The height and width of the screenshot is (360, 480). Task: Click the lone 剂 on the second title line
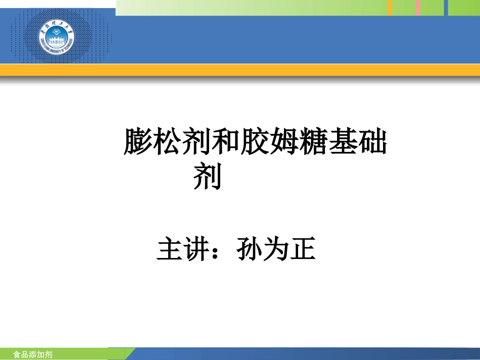[x=208, y=177]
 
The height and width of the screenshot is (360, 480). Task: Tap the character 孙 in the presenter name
[x=250, y=250]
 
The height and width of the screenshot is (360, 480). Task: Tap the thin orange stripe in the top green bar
[x=390, y=8]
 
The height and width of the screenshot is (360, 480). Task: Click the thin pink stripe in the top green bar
[x=418, y=8]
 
